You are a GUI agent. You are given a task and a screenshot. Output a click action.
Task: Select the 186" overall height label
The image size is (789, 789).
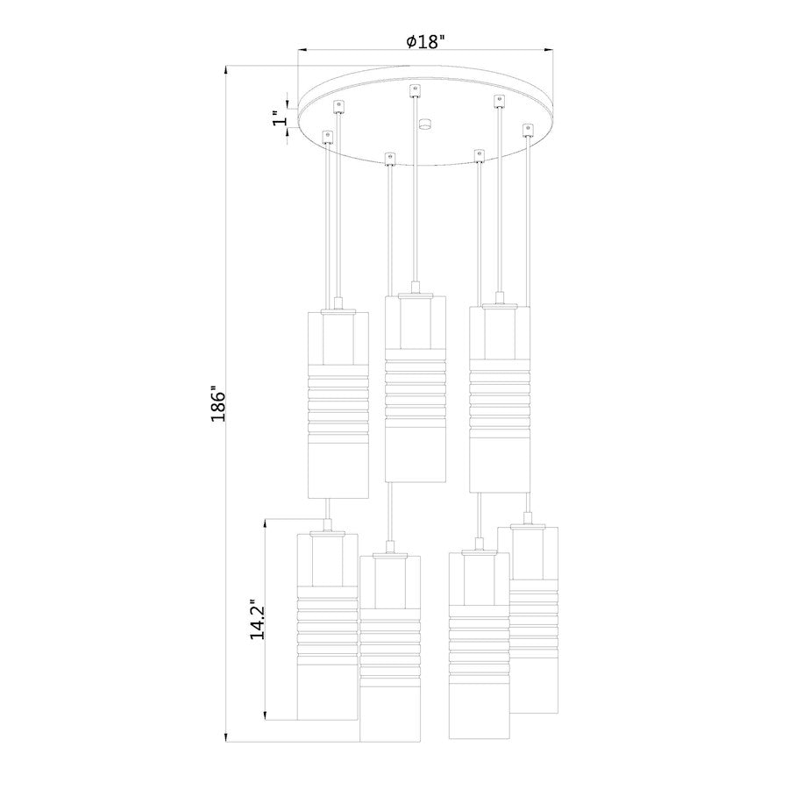[218, 404]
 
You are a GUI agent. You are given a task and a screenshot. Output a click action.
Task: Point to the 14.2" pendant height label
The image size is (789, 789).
[257, 620]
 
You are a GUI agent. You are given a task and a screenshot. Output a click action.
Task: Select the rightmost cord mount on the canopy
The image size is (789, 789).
[527, 130]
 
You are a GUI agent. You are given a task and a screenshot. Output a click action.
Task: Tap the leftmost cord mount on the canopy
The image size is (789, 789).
[328, 137]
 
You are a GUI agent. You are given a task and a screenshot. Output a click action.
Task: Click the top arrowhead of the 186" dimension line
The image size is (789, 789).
[227, 68]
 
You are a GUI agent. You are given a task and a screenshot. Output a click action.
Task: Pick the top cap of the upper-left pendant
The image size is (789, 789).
[338, 309]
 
